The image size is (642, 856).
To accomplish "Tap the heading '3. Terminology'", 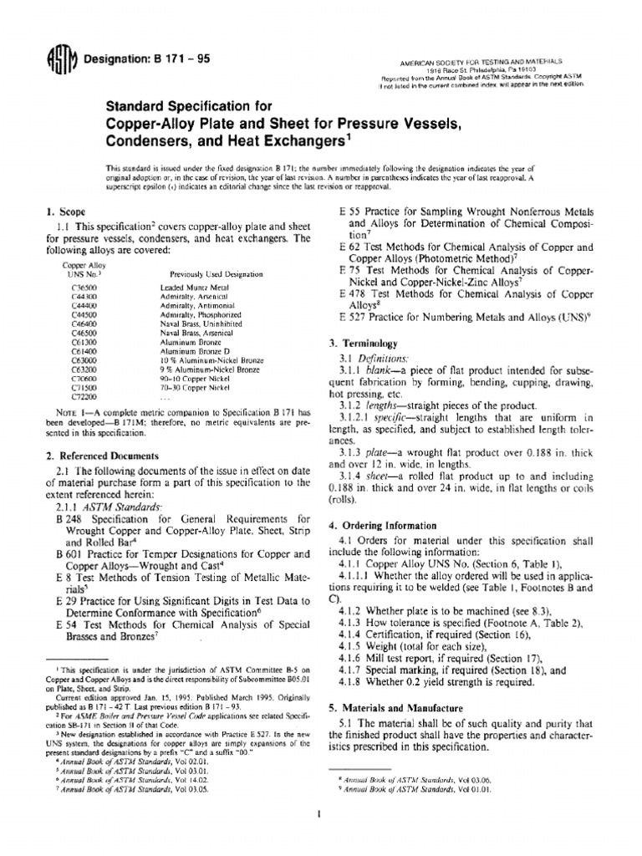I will [x=368, y=344].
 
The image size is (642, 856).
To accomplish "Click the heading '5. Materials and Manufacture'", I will [x=400, y=707].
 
